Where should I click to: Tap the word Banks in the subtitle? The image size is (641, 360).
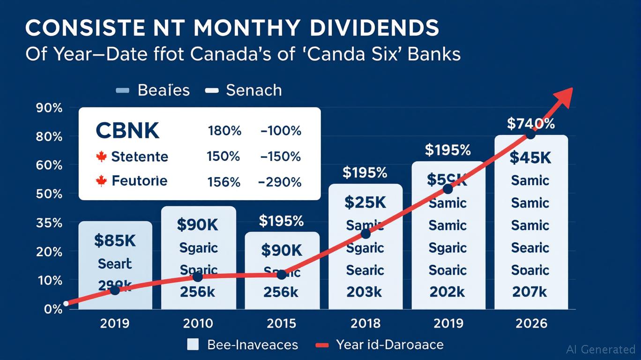point(434,54)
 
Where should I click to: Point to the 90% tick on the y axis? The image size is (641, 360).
point(49,108)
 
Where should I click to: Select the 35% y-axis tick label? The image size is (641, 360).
point(49,223)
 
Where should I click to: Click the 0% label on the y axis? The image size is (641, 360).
point(53,309)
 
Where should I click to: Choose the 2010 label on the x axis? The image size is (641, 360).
point(198,324)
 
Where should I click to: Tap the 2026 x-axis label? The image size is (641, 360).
point(530,324)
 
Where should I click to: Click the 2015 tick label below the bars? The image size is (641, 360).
point(282,324)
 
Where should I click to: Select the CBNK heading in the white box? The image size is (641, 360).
point(127,131)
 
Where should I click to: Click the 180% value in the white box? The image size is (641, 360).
point(224,131)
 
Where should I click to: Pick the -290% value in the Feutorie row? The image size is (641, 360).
point(280,182)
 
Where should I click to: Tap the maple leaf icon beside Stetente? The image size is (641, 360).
point(101,157)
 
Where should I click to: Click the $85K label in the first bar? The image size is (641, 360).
point(115,241)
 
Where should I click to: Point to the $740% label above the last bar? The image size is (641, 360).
point(531,124)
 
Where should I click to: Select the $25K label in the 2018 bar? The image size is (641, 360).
point(365,202)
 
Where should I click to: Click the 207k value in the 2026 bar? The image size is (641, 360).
point(530,292)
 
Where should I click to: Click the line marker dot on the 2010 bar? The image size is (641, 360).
point(198,277)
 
